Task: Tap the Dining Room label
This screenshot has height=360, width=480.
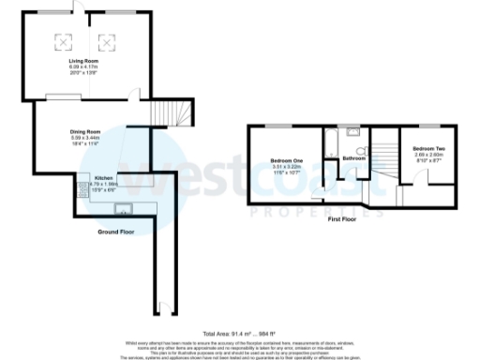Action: pos(85,131)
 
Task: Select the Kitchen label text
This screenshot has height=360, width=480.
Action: pos(103,177)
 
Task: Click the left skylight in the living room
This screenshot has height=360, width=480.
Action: pos(65,40)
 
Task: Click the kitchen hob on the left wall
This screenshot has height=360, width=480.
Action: pos(82,184)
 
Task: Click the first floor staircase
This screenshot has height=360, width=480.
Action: pos(384,159)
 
